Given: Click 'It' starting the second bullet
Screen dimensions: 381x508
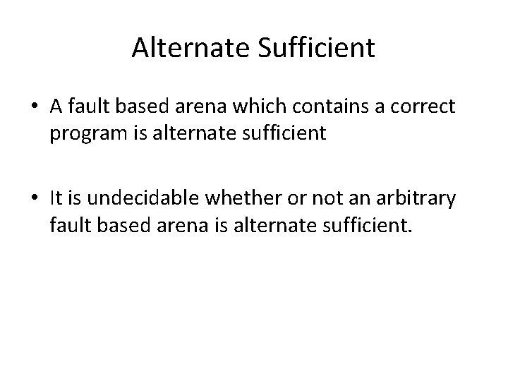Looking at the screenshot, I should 56,200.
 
